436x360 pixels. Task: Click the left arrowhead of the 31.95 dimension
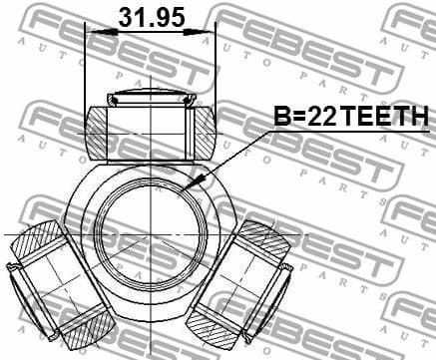[x=93, y=32]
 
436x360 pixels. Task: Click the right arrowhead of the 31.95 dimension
[x=209, y=32]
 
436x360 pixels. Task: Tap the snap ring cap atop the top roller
[x=151, y=98]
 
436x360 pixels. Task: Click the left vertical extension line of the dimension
[x=87, y=70]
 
